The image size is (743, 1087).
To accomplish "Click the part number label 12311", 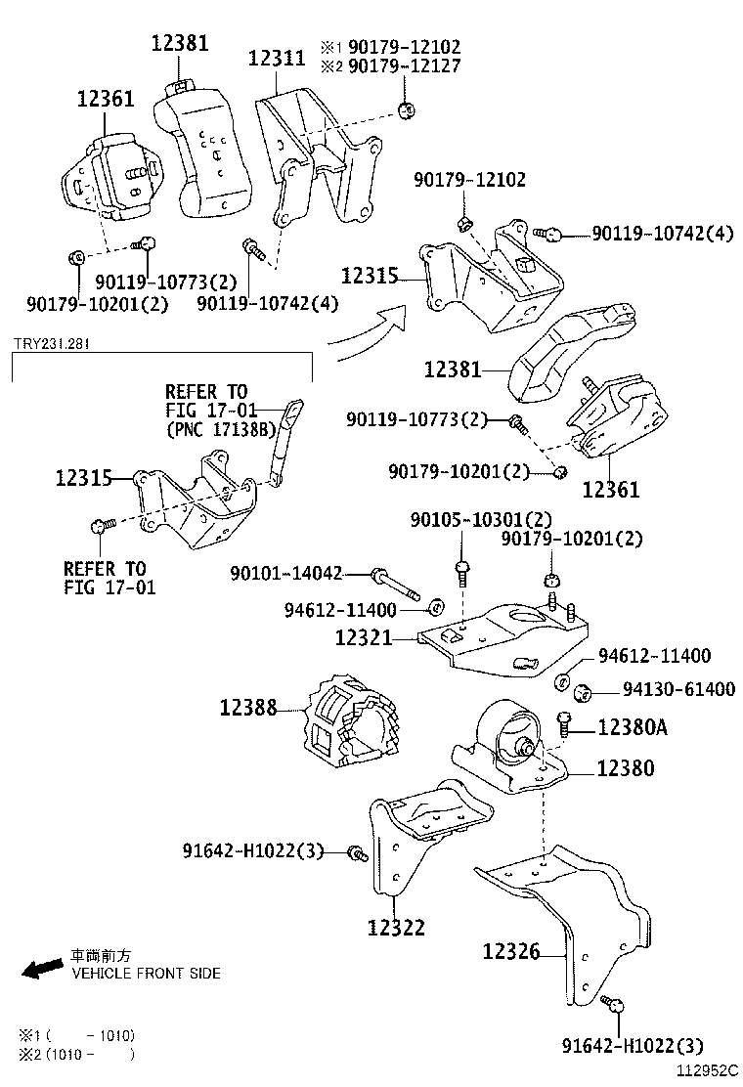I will tap(277, 59).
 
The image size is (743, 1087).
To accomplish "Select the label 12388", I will tap(247, 706).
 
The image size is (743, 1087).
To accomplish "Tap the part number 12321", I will tap(363, 638).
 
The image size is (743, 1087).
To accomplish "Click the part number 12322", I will tap(396, 927).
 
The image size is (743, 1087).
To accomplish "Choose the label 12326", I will tap(510, 950).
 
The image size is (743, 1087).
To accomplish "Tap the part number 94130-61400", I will tap(678, 690).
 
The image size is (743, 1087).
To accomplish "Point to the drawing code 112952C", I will tap(707, 1071).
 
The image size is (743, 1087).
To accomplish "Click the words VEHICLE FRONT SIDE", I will tap(146, 974).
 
